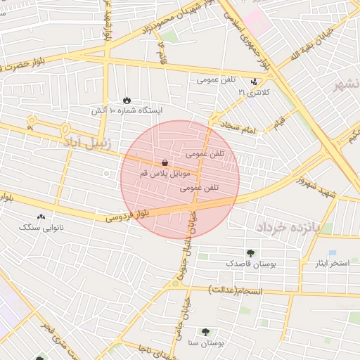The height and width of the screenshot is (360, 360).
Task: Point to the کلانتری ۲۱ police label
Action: click(x=254, y=92)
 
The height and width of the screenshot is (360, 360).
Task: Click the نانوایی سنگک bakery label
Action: click(x=41, y=227)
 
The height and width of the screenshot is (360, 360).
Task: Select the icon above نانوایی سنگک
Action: click(x=41, y=217)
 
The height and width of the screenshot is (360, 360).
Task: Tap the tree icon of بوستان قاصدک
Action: click(x=250, y=253)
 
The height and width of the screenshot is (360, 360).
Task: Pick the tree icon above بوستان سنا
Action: click(x=205, y=332)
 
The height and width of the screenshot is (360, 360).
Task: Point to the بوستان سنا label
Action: click(x=205, y=343)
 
